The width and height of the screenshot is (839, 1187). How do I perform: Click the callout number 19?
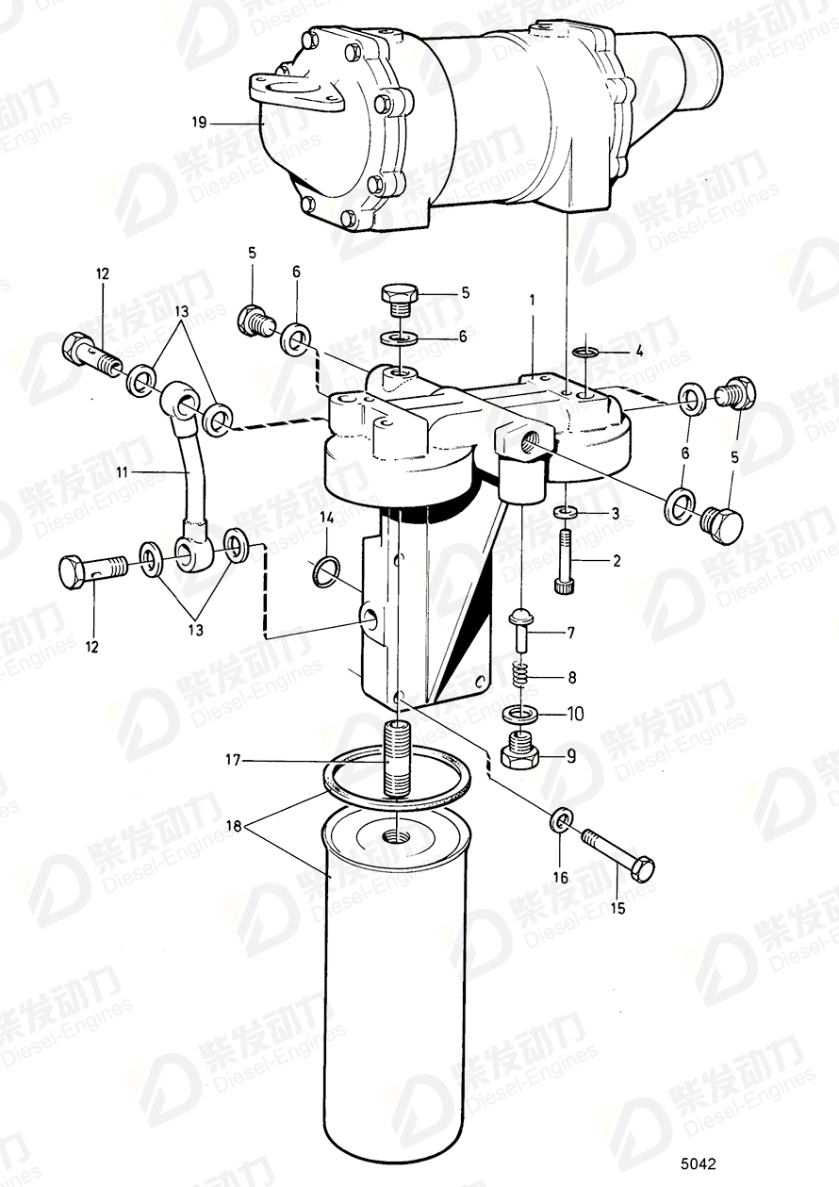point(198,122)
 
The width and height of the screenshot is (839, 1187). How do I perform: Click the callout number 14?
point(326,518)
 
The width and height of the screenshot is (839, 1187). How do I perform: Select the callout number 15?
point(617,909)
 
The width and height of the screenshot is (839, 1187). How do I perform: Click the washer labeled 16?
point(560,821)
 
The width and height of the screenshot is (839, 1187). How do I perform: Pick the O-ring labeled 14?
point(326,569)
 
